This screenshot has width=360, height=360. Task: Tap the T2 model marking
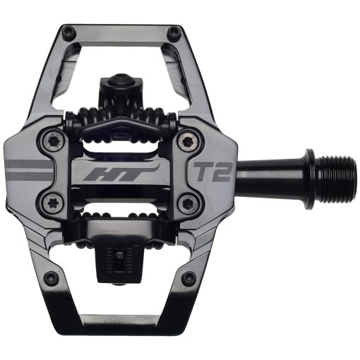pos(210,171)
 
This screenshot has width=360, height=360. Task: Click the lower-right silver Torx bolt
pos(187,204)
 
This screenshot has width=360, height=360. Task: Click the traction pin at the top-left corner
pos(68,31)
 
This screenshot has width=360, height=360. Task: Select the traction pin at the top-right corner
pos(174,31)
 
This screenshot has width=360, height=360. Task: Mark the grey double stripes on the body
pos(28,170)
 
